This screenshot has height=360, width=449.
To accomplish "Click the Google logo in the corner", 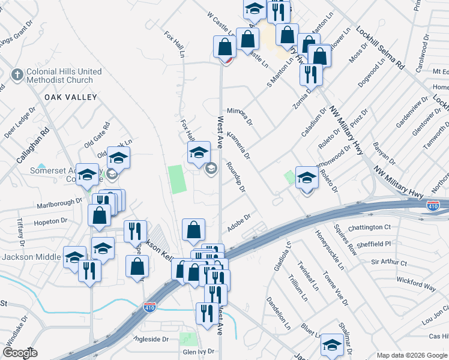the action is [x=20, y=353].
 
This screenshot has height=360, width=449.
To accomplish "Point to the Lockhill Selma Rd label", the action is [x=380, y=46].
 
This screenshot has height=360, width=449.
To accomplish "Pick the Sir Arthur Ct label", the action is [x=389, y=263].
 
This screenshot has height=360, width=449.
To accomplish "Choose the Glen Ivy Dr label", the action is [x=199, y=352].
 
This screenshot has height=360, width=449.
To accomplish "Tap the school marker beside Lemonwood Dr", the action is [x=307, y=179].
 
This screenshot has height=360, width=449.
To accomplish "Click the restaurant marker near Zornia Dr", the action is [x=311, y=74].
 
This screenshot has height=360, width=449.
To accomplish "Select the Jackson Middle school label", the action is [x=31, y=257].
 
